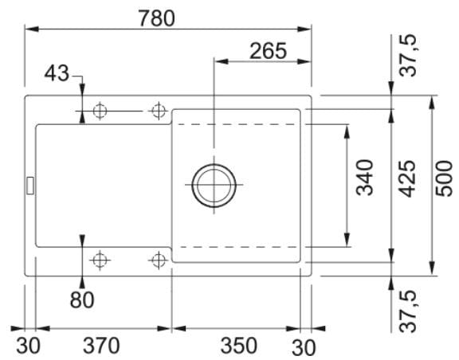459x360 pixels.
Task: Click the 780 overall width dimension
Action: tap(157, 18)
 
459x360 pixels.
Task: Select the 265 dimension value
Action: tap(268, 51)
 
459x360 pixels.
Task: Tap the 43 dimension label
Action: tap(57, 73)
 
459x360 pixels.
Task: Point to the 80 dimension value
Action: tap(82, 299)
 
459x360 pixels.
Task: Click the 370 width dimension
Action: tap(101, 346)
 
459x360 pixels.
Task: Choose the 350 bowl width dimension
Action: tap(238, 346)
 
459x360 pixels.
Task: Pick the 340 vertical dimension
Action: tap(364, 178)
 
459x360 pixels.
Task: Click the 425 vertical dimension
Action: tap(407, 178)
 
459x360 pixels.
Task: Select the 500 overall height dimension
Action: tap(444, 178)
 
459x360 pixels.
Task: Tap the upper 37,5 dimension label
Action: tap(408, 56)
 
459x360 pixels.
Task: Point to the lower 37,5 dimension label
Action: tap(408, 311)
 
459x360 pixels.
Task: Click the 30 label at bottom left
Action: tap(28, 346)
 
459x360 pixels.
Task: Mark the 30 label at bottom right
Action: tap(304, 348)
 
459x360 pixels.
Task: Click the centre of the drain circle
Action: tap(214, 185)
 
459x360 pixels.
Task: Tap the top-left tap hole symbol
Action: tap(100, 112)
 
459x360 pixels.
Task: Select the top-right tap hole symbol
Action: tap(159, 112)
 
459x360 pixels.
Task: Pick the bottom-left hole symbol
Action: tap(100, 260)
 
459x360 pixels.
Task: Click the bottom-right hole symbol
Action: tap(159, 260)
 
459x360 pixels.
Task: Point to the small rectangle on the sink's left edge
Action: tap(30, 186)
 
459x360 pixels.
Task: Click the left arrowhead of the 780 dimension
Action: tap(32, 29)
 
